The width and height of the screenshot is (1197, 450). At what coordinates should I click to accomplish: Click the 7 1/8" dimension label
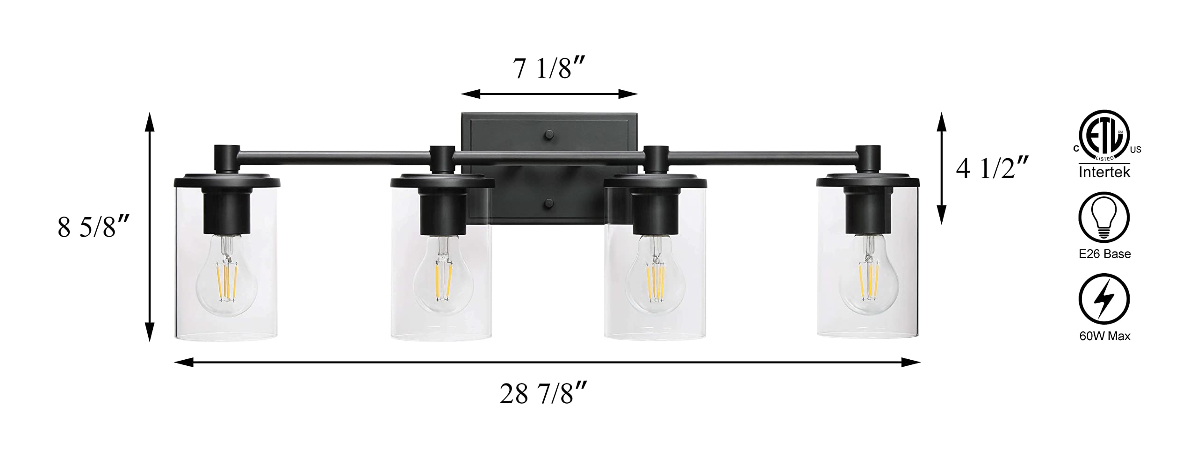[x=550, y=68]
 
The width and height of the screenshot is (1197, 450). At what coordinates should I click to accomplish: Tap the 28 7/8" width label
[x=543, y=393]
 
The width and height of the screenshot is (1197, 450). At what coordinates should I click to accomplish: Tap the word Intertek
[x=1104, y=172]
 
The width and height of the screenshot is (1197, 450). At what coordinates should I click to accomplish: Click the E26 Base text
[x=1104, y=254]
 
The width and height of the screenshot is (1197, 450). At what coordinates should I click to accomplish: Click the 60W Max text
[x=1104, y=336]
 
